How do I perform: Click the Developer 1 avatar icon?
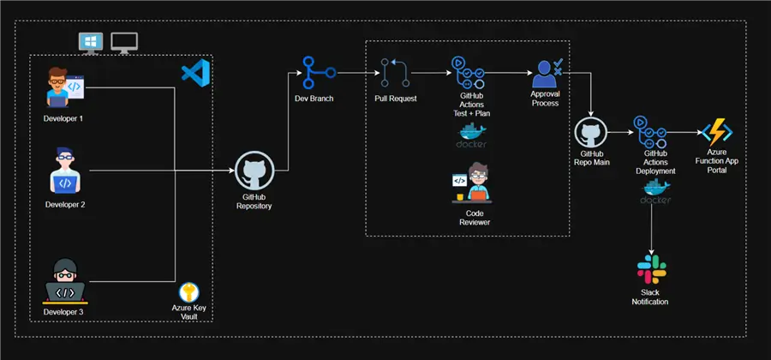point(64,88)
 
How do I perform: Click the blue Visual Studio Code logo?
point(195,74)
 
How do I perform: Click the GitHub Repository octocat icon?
point(254,171)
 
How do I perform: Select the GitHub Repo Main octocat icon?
point(590,135)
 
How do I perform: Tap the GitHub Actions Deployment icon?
point(654,133)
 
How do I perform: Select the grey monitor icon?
point(125,41)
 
